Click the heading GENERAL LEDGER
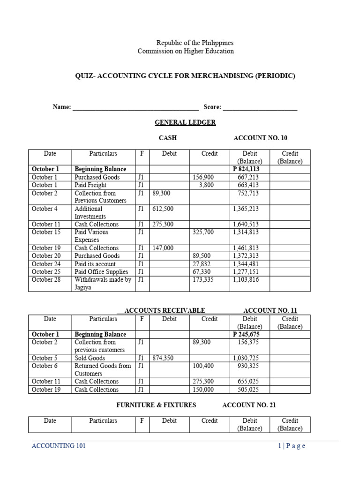(x=185, y=122)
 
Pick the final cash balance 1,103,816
(x=245, y=280)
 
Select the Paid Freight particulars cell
(x=90, y=185)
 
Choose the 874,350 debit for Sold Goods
(x=163, y=358)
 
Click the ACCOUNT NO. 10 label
(x=260, y=138)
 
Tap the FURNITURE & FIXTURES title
(x=156, y=405)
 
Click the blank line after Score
(x=260, y=108)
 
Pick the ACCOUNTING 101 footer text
(x=59, y=446)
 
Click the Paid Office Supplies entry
(x=101, y=272)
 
